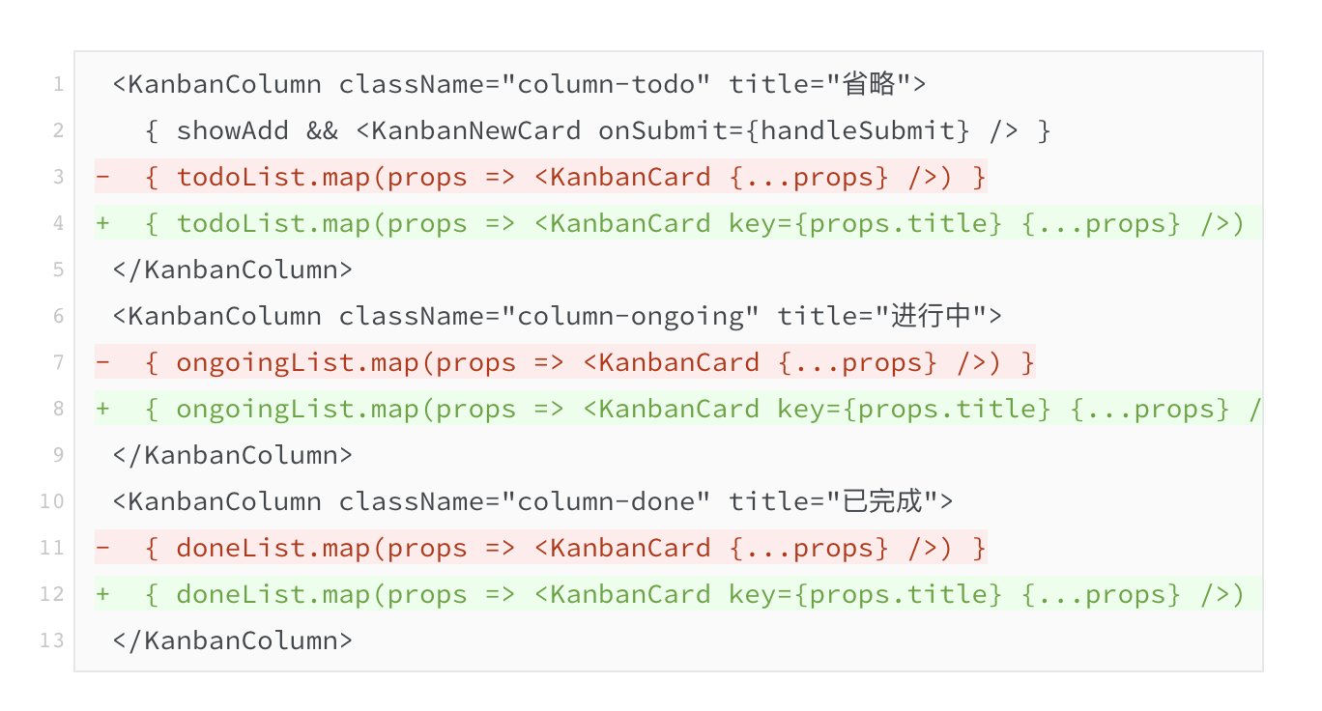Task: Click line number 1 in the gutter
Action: (58, 84)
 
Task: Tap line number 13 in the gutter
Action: (52, 640)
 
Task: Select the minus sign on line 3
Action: (103, 177)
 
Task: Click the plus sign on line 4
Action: (103, 223)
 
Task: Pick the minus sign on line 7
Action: (103, 361)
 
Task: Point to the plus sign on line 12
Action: (103, 593)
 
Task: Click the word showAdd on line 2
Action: (233, 130)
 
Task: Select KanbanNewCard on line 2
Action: (476, 130)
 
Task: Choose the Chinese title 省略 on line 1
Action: (870, 84)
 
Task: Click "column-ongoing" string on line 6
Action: (630, 317)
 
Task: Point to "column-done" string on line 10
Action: (606, 501)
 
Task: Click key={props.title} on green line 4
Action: (865, 224)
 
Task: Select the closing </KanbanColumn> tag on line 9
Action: (233, 455)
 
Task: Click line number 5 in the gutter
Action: (58, 270)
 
